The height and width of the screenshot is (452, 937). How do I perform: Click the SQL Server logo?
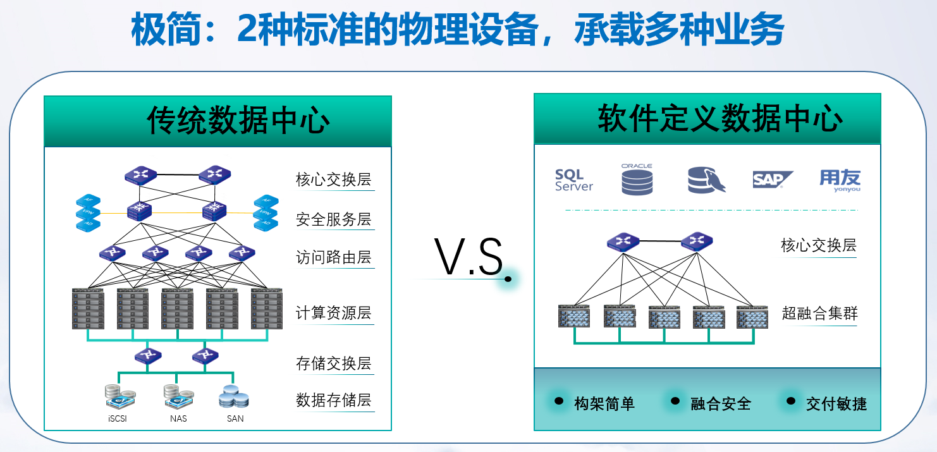(x=573, y=180)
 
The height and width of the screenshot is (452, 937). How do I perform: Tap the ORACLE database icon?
(x=636, y=180)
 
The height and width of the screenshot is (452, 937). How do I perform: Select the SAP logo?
(x=773, y=180)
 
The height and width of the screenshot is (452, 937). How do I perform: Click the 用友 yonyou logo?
(x=840, y=180)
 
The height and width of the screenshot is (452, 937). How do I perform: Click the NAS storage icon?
(x=177, y=397)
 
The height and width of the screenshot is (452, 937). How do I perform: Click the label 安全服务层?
(x=333, y=219)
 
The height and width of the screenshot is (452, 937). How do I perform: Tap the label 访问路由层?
(x=333, y=258)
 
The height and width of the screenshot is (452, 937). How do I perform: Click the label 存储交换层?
(x=333, y=363)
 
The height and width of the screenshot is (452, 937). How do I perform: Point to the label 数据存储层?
(x=333, y=400)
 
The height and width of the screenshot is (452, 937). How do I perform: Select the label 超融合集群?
(x=819, y=314)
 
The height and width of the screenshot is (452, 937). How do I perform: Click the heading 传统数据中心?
(x=238, y=120)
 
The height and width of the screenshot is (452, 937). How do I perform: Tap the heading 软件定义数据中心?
(x=720, y=118)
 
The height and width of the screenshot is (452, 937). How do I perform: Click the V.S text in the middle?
(x=468, y=258)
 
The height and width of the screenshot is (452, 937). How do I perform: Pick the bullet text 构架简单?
(x=604, y=404)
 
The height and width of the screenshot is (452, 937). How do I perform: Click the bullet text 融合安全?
(x=721, y=404)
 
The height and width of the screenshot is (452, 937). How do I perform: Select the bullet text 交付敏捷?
(x=836, y=404)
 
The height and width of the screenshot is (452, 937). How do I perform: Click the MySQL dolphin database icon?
(x=706, y=180)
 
